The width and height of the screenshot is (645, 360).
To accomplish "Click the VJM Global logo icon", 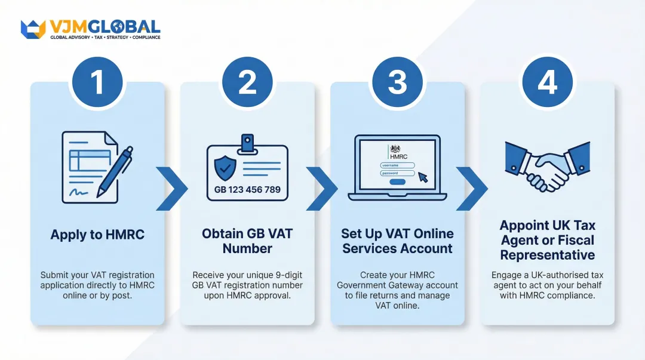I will click(x=33, y=29).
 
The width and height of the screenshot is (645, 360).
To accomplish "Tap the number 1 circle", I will click(x=97, y=83).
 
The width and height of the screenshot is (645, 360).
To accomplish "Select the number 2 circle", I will click(x=247, y=83).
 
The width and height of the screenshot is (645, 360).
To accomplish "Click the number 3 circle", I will click(x=397, y=83).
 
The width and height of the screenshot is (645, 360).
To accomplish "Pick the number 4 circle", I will click(x=547, y=83).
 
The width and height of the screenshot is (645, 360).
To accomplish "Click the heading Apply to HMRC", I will click(x=97, y=235).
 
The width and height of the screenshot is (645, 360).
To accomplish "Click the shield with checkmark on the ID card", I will click(x=225, y=168).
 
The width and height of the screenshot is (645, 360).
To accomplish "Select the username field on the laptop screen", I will click(x=397, y=165).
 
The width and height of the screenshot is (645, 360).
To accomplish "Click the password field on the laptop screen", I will click(x=397, y=173).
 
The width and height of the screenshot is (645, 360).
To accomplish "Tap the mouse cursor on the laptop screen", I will click(x=423, y=177).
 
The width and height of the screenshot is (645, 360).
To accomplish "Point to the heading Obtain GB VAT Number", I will click(x=247, y=241).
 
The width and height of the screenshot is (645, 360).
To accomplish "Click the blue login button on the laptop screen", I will click(x=397, y=181).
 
